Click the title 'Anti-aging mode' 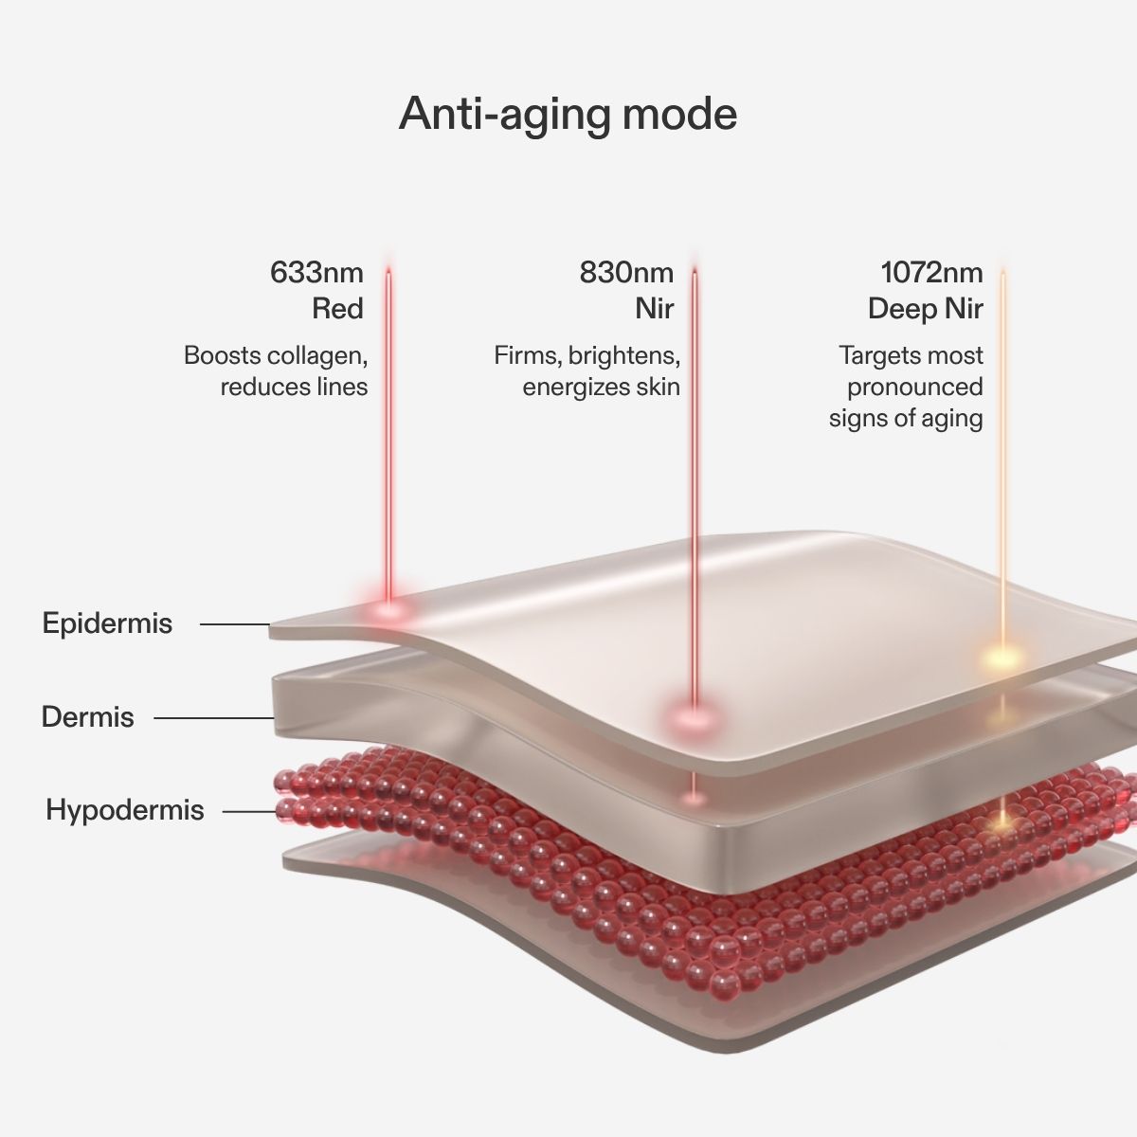coord(568,115)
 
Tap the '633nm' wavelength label coord(316,273)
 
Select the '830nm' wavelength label coord(626,273)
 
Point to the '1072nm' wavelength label coord(931,273)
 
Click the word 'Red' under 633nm coord(337,309)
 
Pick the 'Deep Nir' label coord(925,309)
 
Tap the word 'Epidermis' coord(107,623)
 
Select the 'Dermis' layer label coord(88,717)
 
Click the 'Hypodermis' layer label coord(125,809)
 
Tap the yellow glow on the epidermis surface coord(1002,658)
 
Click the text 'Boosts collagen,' coord(276,356)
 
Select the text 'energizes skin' coord(602,388)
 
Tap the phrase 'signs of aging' coord(906,419)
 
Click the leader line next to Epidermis coord(235,624)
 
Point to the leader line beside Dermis coord(214,718)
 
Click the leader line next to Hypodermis coord(249,812)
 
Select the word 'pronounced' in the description coord(915,388)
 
